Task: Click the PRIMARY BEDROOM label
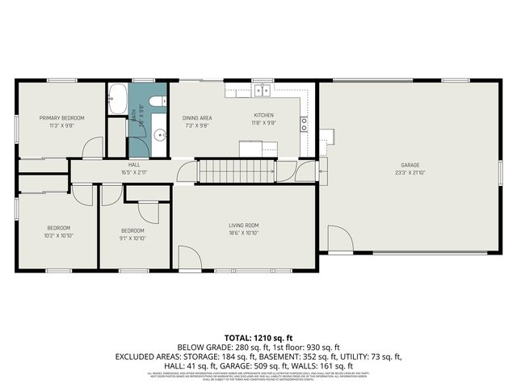(62, 118)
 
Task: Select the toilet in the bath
(158, 102)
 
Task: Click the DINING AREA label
(196, 118)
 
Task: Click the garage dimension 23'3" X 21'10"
(410, 172)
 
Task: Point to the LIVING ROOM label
(243, 225)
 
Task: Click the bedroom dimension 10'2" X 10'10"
(58, 236)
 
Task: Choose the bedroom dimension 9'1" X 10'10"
(132, 238)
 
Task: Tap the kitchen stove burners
(304, 124)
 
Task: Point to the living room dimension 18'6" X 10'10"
(243, 233)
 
